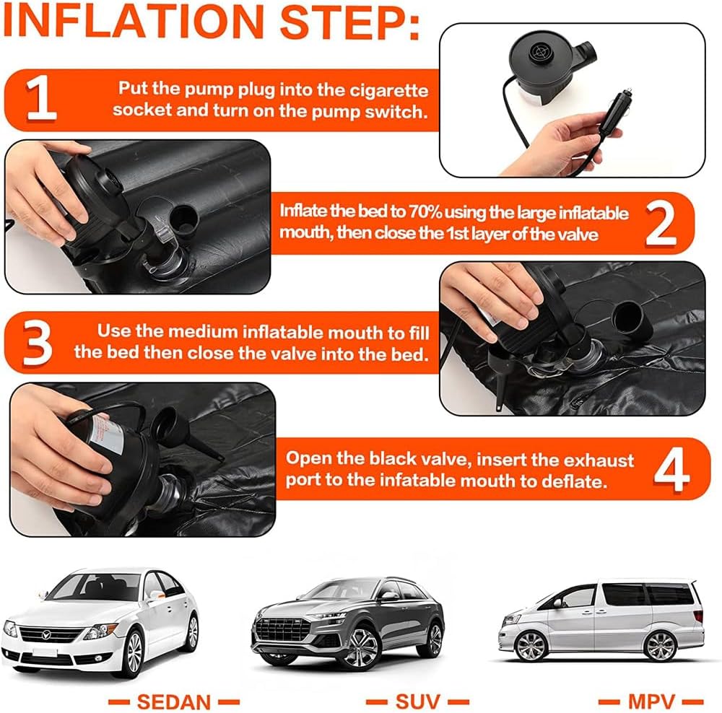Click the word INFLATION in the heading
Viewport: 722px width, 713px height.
click(134, 22)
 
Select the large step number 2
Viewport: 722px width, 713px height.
click(661, 224)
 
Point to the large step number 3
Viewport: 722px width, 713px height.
click(38, 343)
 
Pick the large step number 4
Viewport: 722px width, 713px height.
click(671, 469)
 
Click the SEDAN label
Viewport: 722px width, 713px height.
click(173, 702)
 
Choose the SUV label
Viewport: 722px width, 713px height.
click(417, 702)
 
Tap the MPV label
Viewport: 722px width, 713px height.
click(651, 702)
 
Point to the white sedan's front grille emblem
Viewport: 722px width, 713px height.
click(46, 635)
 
